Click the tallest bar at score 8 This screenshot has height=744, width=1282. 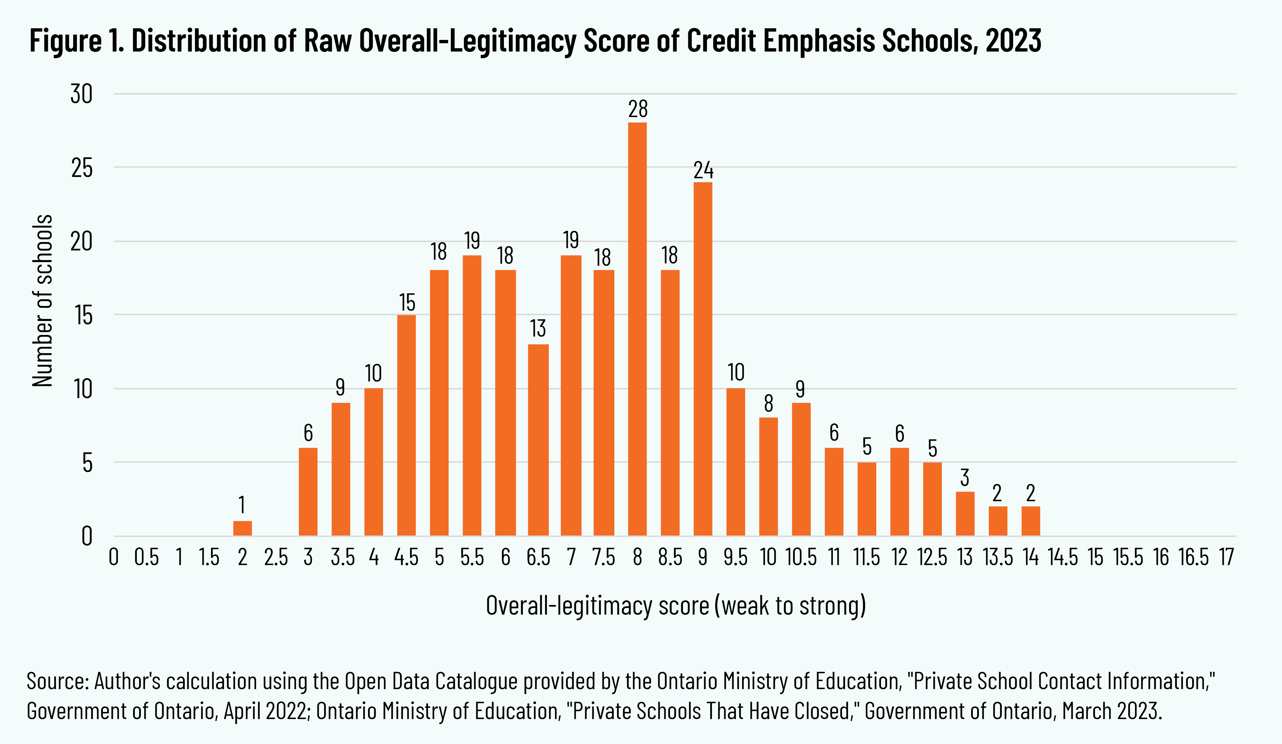[637, 329]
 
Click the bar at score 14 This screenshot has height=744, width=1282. [1031, 521]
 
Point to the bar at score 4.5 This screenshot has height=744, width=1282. [406, 425]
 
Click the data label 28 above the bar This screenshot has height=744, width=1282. [638, 109]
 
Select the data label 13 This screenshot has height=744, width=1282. [538, 329]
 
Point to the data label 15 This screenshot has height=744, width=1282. [407, 303]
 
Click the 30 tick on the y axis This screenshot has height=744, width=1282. [82, 94]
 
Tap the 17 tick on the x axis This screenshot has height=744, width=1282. [1226, 557]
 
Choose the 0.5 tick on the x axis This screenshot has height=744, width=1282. [146, 557]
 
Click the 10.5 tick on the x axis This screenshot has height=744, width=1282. [801, 557]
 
